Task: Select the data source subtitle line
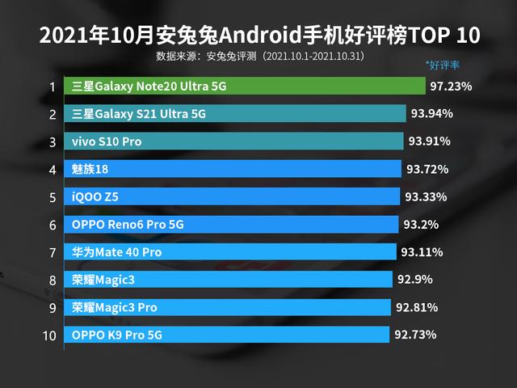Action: [259, 57]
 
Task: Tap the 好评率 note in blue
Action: [442, 65]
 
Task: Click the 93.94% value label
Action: [431, 113]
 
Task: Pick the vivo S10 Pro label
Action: [106, 141]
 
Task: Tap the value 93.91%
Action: [429, 141]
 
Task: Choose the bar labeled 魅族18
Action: [234, 169]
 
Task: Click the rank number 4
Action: [52, 170]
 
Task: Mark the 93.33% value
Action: [426, 196]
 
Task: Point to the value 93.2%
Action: [419, 224]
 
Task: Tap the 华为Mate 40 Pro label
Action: [116, 252]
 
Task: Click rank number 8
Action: [52, 280]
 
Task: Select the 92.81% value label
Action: [417, 307]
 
